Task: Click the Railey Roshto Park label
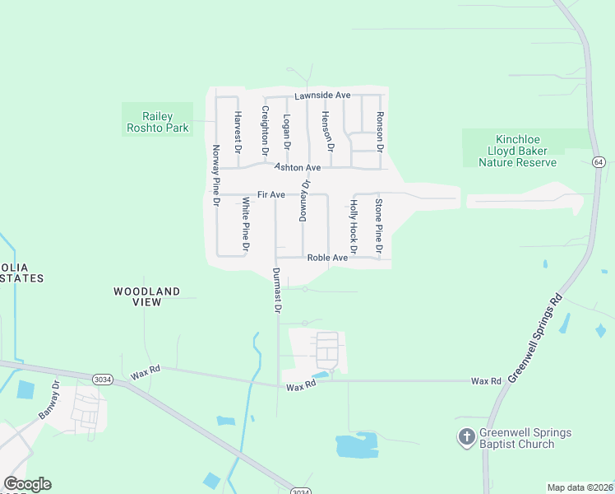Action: tap(157, 122)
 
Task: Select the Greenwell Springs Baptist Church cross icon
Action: tap(466, 438)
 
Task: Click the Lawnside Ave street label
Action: tap(323, 96)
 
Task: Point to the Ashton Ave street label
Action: tap(297, 167)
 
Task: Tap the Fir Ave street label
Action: tap(271, 195)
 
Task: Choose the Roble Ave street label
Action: tap(327, 258)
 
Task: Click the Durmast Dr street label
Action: tap(277, 291)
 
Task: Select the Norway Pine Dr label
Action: tap(216, 175)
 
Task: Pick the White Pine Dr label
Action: tap(245, 224)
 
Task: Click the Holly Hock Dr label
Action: tap(354, 226)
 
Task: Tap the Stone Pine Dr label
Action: tap(379, 226)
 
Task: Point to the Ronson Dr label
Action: tap(379, 132)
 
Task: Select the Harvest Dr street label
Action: tap(238, 133)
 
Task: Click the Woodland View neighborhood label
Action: tap(146, 296)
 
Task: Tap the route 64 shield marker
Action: tap(597, 162)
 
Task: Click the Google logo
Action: tap(27, 484)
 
